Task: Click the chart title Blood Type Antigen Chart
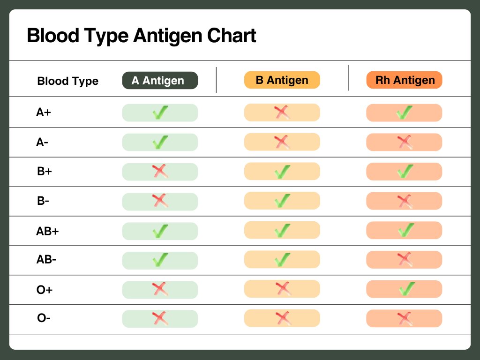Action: click(142, 36)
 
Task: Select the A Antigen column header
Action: click(160, 81)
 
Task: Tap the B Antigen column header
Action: click(282, 80)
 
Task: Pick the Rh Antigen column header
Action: click(404, 80)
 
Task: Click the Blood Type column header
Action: click(67, 81)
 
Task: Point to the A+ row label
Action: click(44, 112)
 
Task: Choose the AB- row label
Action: click(46, 259)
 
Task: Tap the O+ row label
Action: click(45, 289)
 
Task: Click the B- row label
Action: click(43, 201)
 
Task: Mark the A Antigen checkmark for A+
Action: click(160, 112)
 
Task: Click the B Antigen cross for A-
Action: click(282, 142)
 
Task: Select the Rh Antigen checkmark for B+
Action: click(405, 172)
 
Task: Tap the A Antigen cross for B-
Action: click(160, 201)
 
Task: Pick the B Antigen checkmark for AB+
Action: click(282, 231)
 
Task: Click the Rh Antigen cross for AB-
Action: click(405, 259)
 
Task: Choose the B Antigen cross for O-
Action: click(282, 318)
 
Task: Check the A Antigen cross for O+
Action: click(160, 289)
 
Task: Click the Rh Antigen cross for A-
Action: click(405, 142)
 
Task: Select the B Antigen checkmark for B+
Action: click(282, 172)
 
